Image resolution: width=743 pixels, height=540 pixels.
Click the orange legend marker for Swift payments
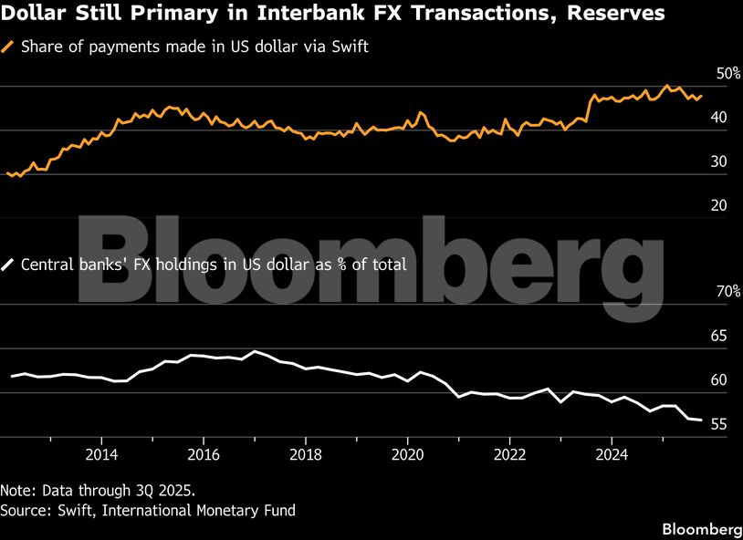(9, 47)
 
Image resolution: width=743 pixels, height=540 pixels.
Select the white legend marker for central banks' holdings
(9, 265)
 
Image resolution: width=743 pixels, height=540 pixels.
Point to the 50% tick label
(727, 73)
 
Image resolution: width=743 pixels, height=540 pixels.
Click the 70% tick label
(727, 292)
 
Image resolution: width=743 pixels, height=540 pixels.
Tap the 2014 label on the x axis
(102, 453)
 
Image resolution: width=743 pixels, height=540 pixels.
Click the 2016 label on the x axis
(204, 453)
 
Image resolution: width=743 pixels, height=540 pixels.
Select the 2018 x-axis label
(306, 453)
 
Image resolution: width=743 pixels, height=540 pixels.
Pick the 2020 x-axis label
(408, 453)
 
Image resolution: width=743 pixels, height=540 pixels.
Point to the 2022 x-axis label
(509, 453)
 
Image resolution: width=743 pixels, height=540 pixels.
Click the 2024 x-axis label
(612, 453)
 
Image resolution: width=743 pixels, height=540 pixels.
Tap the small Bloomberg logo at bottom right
(700, 528)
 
